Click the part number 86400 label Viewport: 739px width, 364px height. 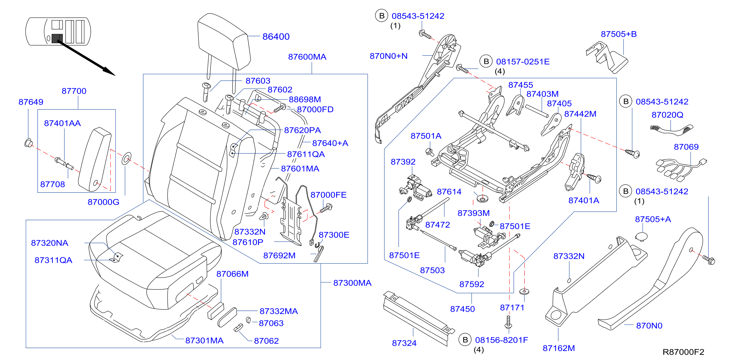(x=276, y=37)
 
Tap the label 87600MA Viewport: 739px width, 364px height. (x=307, y=57)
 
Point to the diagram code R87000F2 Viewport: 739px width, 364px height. (x=683, y=352)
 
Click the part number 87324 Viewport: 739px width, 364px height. (x=404, y=343)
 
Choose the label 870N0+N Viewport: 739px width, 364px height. (x=388, y=56)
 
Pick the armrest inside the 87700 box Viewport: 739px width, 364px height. (x=95, y=159)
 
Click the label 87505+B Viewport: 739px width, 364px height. (x=619, y=34)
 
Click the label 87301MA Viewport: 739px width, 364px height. (x=204, y=340)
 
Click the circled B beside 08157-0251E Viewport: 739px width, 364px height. (x=486, y=61)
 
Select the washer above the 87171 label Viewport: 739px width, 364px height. (x=524, y=292)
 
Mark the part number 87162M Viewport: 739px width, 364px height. (x=559, y=348)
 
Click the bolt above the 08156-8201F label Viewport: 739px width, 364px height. (x=509, y=322)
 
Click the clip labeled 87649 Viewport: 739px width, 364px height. (x=28, y=143)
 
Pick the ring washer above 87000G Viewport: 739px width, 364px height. (x=126, y=159)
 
